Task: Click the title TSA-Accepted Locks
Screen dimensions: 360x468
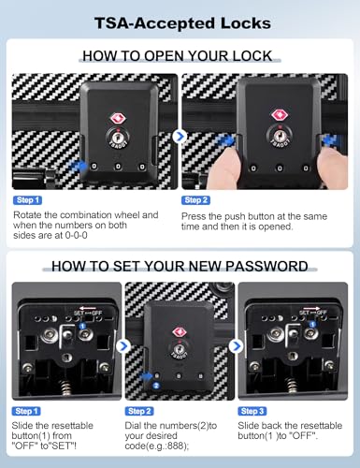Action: coord(182,23)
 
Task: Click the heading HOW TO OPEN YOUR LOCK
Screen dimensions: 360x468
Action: coord(178,56)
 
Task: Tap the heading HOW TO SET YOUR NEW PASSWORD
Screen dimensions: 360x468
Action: coord(180,266)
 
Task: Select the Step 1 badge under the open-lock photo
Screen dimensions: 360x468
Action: coord(27,200)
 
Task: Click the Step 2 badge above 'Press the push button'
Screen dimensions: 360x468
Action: coord(195,200)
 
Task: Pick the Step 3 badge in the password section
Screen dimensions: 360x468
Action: coord(252,411)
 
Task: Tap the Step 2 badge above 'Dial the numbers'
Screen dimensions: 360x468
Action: coord(139,411)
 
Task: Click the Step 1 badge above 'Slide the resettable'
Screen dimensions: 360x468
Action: coord(26,411)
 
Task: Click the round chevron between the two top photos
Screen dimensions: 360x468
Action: coord(180,137)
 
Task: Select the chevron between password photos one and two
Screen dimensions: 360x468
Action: coord(123,346)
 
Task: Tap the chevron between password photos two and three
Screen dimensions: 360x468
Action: coord(237,346)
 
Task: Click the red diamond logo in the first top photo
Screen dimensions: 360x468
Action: coord(118,119)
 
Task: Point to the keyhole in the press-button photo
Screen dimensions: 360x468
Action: coord(280,136)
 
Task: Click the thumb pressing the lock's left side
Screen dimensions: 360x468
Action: coord(223,167)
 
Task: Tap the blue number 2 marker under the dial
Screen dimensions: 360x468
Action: coord(156,386)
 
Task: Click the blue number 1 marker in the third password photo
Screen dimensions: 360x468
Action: coord(312,325)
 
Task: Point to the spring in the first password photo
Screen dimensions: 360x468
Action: coord(65,388)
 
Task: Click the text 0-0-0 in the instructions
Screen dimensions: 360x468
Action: coord(76,235)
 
